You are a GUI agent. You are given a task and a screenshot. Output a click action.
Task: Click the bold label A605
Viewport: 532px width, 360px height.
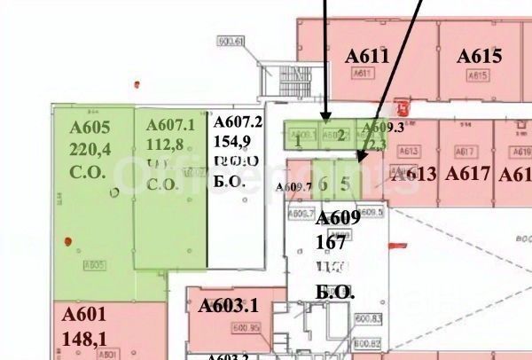coord(90,126)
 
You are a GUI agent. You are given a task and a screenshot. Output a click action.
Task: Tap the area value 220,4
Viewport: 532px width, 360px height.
coord(90,147)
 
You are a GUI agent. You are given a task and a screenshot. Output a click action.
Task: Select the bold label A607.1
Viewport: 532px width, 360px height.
coord(169,126)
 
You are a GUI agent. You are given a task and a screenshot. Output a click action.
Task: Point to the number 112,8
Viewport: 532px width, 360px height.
coord(165,145)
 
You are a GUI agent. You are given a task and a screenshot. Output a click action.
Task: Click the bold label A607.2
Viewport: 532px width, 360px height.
coord(239,122)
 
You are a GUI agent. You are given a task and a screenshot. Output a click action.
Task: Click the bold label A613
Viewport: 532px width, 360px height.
coord(414,174)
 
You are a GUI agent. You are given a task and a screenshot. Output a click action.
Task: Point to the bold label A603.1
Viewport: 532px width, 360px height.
coord(228,306)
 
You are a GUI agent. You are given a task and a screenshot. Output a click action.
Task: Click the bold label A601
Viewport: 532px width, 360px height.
coord(84,315)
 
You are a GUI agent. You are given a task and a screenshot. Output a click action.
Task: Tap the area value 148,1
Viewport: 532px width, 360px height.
coord(85,337)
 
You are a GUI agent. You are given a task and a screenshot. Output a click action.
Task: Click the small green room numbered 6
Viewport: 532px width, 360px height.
coord(324,184)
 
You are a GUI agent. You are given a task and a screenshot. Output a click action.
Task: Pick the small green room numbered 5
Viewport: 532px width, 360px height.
coord(346,184)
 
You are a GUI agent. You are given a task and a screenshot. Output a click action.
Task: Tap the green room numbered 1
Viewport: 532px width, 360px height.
coord(299,138)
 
